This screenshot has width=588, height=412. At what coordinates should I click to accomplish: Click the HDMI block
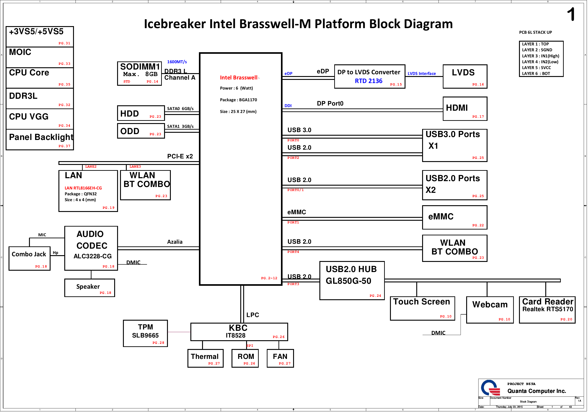pyautogui.click(x=465, y=109)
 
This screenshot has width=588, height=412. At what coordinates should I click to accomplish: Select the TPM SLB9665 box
pyautogui.click(x=145, y=333)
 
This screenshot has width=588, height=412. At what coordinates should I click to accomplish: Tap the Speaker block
pyautogui.click(x=89, y=288)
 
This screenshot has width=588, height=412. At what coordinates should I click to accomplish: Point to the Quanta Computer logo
pyautogui.click(x=490, y=388)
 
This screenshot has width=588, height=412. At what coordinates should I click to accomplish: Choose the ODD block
pyautogui.click(x=141, y=131)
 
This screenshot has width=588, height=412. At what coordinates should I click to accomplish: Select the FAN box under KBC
pyautogui.click(x=280, y=358)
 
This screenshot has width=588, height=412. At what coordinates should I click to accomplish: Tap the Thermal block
pyautogui.click(x=205, y=358)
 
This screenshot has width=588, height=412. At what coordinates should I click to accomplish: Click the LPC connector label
pyautogui.click(x=252, y=315)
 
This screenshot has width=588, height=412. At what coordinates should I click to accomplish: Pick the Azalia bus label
pyautogui.click(x=175, y=242)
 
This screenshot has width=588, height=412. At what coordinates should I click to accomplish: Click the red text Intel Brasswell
pyautogui.click(x=238, y=78)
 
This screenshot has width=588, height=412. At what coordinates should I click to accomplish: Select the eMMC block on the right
pyautogui.click(x=454, y=217)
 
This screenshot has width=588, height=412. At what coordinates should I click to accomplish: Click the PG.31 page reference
pyautogui.click(x=64, y=43)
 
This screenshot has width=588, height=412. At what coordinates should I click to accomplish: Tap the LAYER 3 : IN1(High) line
pyautogui.click(x=540, y=56)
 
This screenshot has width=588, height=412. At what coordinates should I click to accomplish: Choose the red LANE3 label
pyautogui.click(x=135, y=167)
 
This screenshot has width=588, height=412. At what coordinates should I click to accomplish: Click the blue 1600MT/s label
pyautogui.click(x=177, y=62)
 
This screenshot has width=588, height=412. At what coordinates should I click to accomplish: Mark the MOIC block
pyautogui.click(x=40, y=57)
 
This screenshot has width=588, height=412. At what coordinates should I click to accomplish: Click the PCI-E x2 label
pyautogui.click(x=180, y=156)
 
